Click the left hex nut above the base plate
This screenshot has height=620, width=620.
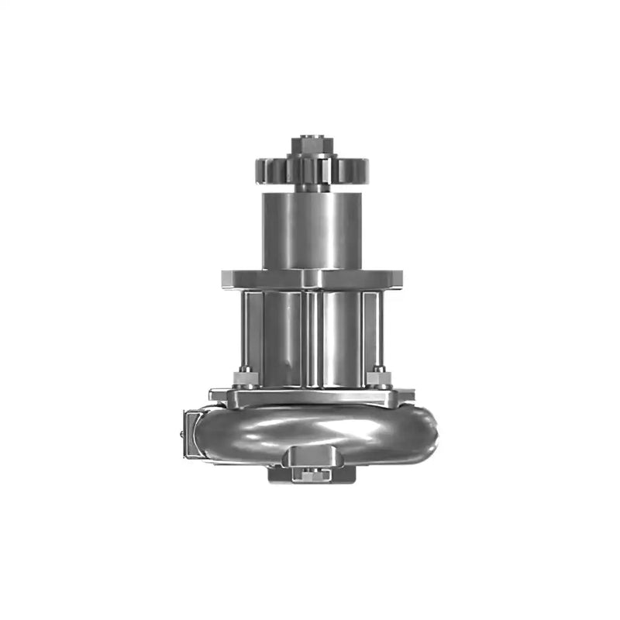244,378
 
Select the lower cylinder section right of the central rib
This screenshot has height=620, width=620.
342,337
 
